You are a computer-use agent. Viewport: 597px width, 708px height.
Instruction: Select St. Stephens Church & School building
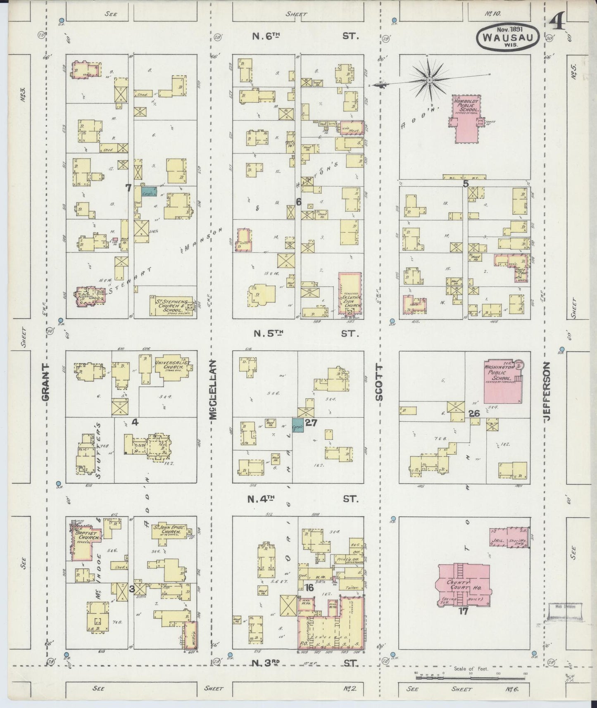[x=171, y=306]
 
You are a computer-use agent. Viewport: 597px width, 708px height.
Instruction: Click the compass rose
[x=429, y=79]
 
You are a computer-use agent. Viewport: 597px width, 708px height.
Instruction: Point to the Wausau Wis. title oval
[x=508, y=37]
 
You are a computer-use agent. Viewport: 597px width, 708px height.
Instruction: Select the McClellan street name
[x=213, y=390]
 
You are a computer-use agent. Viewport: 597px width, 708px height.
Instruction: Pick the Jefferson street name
[x=548, y=391]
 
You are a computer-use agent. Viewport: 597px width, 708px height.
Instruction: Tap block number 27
[x=311, y=423]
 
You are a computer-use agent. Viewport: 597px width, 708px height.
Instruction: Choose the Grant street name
[x=46, y=382]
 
